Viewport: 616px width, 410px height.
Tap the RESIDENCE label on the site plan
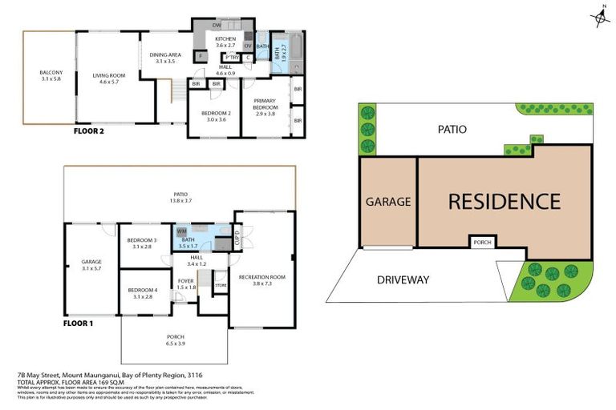point(503,201)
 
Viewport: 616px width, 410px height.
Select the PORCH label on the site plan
point(482,242)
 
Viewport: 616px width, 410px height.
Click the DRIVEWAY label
point(404,279)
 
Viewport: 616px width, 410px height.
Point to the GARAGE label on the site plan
point(388,202)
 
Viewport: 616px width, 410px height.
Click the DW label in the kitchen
point(217,25)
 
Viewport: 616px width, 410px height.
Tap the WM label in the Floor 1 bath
point(181,231)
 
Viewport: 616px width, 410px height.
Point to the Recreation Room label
point(263,279)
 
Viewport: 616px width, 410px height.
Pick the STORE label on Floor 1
point(221,284)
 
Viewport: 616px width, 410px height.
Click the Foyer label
point(186,283)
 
